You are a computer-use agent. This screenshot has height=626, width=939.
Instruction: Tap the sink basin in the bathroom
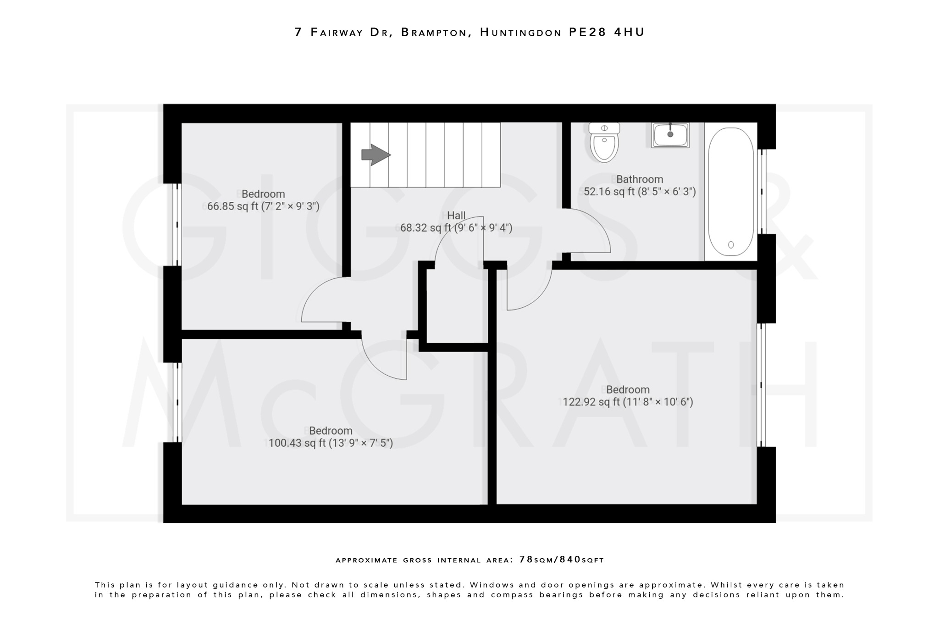tap(670, 135)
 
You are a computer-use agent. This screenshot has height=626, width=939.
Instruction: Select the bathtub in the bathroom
tap(731, 192)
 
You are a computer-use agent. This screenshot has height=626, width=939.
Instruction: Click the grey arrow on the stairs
tap(376, 155)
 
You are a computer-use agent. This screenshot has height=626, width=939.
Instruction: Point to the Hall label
tap(456, 215)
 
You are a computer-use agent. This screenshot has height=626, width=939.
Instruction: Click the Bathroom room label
tap(639, 179)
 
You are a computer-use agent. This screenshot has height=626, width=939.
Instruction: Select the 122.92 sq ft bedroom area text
tap(628, 402)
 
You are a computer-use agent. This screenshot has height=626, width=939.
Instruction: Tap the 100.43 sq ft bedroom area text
tap(331, 443)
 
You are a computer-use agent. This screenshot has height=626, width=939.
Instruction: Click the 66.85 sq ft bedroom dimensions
tap(263, 206)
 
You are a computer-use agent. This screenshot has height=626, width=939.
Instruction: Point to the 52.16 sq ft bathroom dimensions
tap(640, 192)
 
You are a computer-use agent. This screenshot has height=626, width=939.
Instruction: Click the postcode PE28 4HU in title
tap(607, 32)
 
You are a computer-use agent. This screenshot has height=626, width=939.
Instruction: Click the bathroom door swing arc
tap(601, 227)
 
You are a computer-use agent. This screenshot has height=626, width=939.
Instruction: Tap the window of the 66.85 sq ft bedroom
tap(177, 225)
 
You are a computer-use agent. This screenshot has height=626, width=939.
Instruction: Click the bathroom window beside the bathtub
tap(762, 192)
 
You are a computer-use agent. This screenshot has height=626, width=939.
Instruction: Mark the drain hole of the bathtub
tap(731, 245)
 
